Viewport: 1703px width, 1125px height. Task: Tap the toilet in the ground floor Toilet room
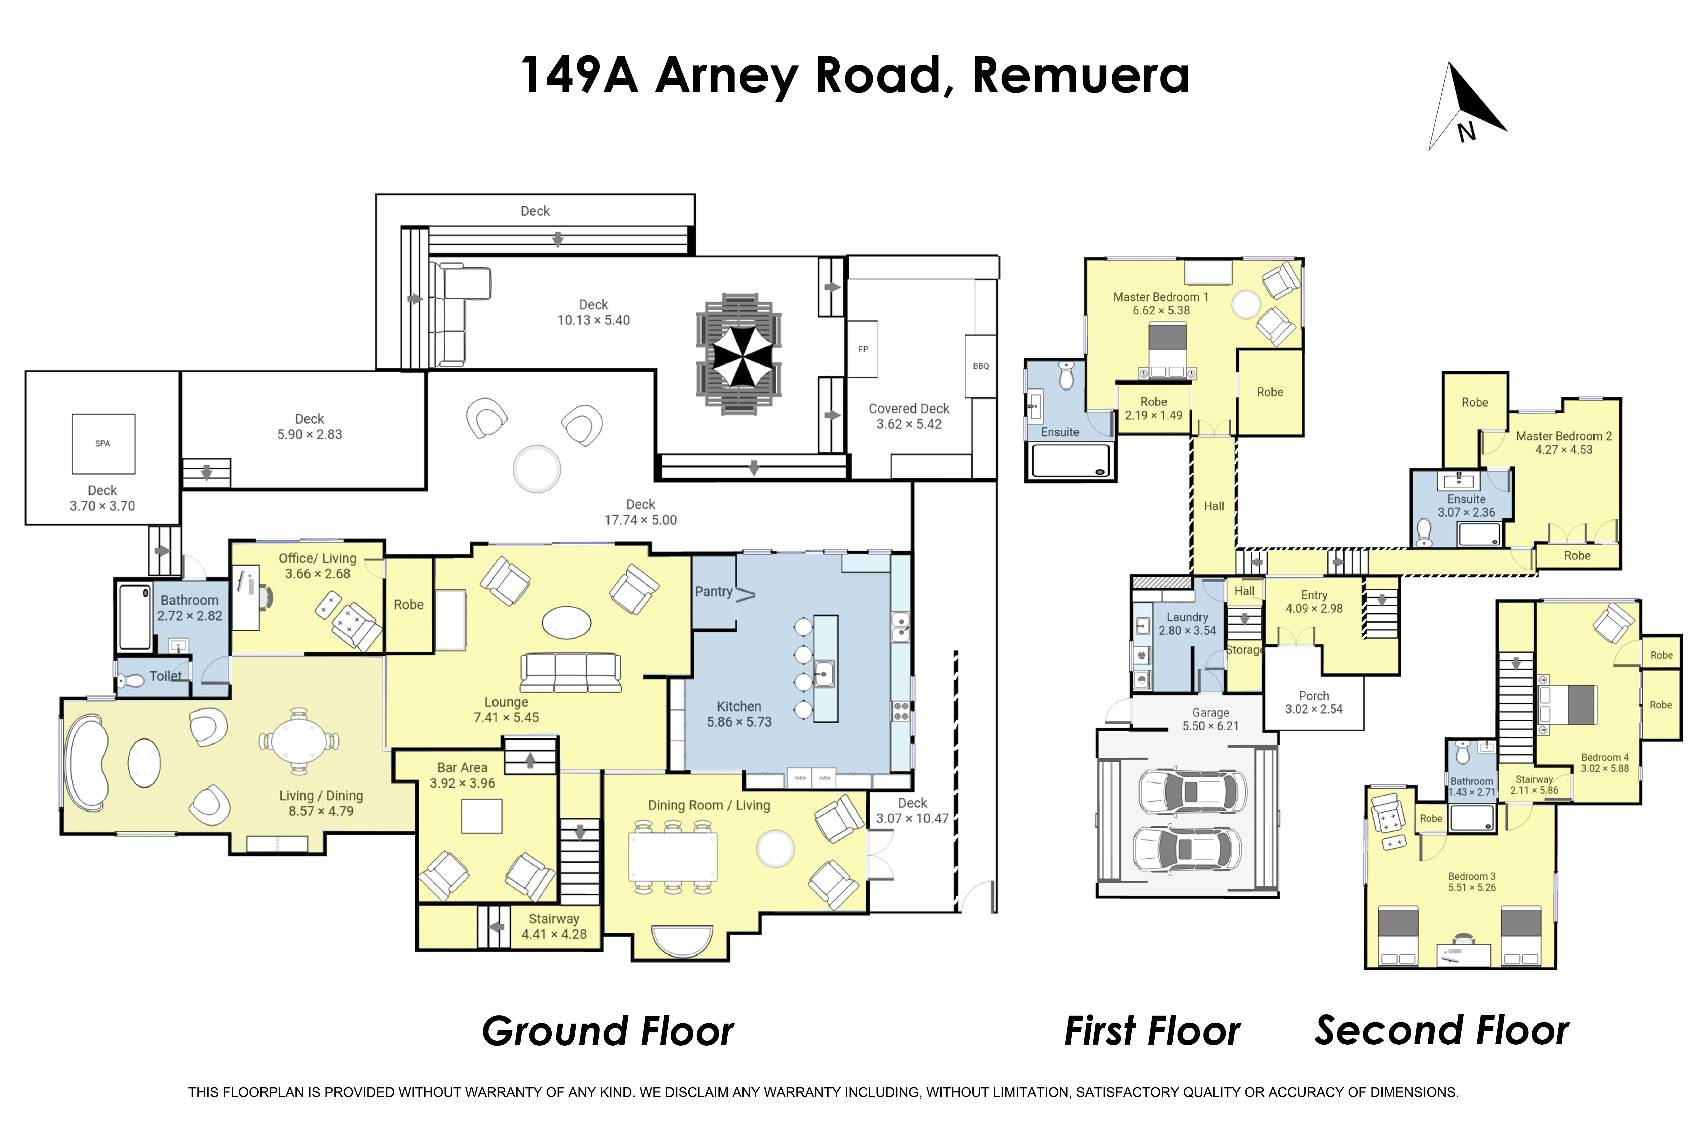pos(131,679)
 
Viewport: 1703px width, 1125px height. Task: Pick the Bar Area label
pos(462,768)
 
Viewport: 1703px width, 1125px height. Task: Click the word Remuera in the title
pos(1081,75)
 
